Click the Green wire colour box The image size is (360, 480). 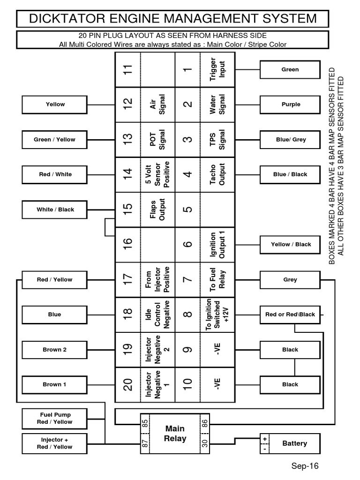click(x=290, y=69)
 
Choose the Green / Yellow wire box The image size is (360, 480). click(x=54, y=140)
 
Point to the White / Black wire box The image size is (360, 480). click(x=55, y=210)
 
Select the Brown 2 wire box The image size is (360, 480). click(x=54, y=350)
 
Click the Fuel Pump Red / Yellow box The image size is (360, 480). click(x=54, y=418)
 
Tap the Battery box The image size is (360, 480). click(x=294, y=443)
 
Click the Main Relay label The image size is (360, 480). click(x=175, y=434)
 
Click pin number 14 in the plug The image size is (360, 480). click(x=128, y=174)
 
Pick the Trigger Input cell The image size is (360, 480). click(x=218, y=69)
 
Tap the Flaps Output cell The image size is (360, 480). click(x=158, y=210)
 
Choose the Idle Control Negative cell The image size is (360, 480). click(x=158, y=314)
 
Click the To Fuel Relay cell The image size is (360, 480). click(x=218, y=279)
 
